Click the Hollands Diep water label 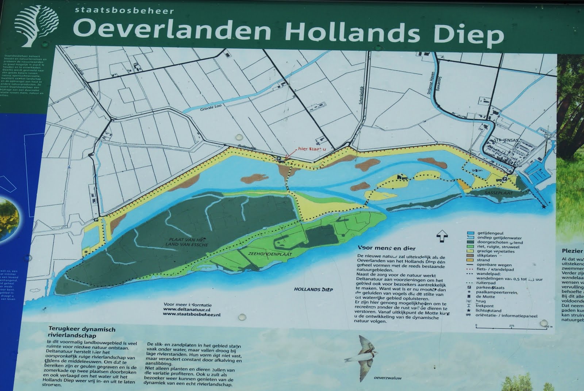[x=314, y=290]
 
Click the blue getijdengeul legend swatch [x=470, y=233]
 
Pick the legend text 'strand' [x=483, y=260]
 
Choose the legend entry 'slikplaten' [x=487, y=256]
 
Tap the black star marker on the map [x=544, y=207]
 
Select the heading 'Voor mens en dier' [x=387, y=248]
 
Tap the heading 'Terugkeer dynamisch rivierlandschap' [x=82, y=332]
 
